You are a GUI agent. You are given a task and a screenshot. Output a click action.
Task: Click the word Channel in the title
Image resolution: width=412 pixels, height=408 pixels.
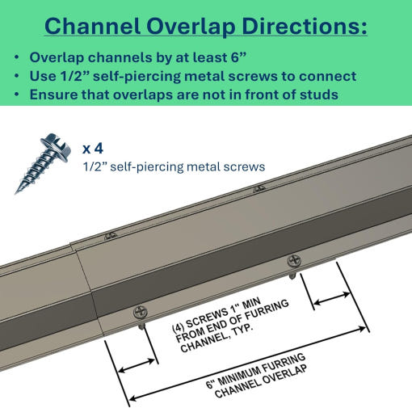[92, 26]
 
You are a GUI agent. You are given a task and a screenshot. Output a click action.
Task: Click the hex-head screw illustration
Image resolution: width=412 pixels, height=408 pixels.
[43, 163]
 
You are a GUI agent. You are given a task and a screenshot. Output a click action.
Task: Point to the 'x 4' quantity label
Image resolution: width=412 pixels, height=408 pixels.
[93, 149]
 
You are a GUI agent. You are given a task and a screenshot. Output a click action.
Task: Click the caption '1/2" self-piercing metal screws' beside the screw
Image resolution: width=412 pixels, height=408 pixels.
[174, 166]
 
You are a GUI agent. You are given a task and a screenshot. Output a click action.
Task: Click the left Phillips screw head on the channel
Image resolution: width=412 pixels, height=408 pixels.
[141, 313]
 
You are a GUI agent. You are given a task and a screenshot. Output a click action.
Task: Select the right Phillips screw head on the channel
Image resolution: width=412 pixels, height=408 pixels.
[294, 261]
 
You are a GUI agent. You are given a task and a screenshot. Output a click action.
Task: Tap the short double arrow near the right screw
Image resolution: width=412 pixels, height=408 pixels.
[332, 298]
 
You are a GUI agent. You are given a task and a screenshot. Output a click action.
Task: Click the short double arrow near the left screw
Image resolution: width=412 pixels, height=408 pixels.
[137, 366]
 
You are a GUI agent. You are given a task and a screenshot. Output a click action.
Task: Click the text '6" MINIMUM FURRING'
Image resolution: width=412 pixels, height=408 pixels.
[255, 370]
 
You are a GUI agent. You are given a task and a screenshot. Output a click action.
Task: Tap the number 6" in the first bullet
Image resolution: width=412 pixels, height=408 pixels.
[238, 57]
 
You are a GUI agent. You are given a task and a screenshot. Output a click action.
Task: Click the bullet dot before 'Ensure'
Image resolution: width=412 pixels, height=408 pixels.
[17, 95]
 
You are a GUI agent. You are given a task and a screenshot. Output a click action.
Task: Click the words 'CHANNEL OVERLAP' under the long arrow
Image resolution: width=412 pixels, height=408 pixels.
[260, 381]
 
